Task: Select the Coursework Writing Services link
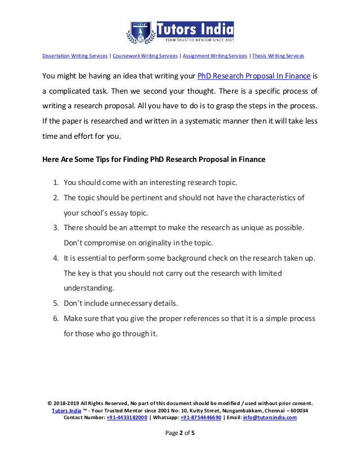[144, 56]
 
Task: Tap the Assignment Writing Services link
[214, 56]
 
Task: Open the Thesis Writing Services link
[279, 56]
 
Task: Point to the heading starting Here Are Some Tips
[154, 159]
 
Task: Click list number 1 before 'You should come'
[56, 183]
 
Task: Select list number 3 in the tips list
[56, 227]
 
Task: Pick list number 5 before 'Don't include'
[56, 302]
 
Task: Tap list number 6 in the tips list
[56, 318]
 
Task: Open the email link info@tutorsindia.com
[270, 418]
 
